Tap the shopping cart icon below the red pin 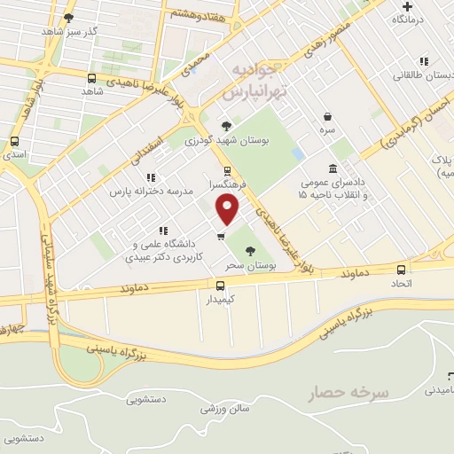pos(221,236)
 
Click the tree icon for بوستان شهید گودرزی pos(226,125)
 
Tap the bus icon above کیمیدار pos(221,285)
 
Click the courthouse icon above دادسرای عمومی pos(333,168)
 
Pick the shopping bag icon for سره pos(327,116)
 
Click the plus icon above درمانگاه pos(407,6)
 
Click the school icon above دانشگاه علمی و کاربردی pos(162,231)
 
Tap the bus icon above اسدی pos(14,141)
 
